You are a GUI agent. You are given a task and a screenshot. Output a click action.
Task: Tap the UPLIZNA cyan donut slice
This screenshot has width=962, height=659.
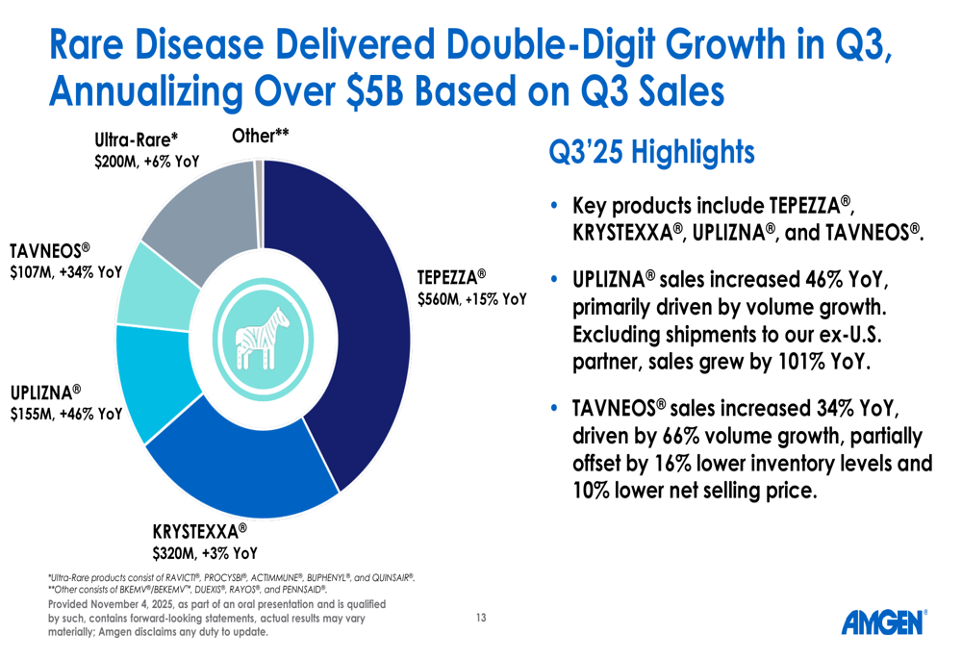point(153,380)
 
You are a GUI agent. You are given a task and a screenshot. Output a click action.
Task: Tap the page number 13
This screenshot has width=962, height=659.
point(481,618)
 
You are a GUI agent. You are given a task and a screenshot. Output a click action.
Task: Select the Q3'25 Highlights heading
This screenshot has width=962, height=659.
point(651,152)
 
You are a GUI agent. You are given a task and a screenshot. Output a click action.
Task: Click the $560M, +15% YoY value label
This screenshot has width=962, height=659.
point(471,299)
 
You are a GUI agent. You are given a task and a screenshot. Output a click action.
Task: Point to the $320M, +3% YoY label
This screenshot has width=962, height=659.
point(205,553)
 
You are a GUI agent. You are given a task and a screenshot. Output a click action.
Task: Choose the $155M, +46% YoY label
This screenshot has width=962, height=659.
point(66,415)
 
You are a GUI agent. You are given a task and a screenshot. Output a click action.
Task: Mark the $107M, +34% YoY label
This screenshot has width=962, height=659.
point(66,272)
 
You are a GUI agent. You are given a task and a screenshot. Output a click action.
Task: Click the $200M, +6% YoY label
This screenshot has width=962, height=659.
point(146,162)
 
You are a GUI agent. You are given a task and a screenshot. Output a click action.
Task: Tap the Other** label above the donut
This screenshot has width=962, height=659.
point(260,136)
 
